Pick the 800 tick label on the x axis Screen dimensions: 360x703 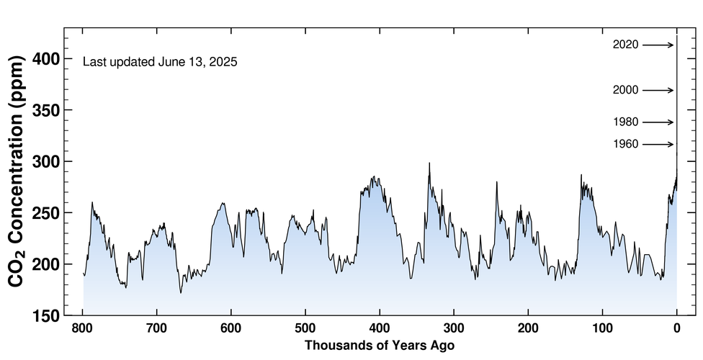click(83, 330)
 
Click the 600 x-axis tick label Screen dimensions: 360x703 click(231, 330)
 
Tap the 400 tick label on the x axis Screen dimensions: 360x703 click(380, 330)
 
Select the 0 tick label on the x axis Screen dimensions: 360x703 click(676, 330)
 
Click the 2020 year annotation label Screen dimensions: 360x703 click(625, 45)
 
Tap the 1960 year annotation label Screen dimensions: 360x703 click(625, 145)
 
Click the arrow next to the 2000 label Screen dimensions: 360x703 click(658, 90)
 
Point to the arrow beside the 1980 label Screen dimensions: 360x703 click(658, 122)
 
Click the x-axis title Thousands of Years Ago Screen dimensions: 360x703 click(380, 346)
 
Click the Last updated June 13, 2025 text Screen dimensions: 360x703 click(160, 62)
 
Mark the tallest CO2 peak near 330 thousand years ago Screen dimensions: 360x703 click(429, 163)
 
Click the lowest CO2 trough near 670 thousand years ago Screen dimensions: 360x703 click(181, 292)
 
